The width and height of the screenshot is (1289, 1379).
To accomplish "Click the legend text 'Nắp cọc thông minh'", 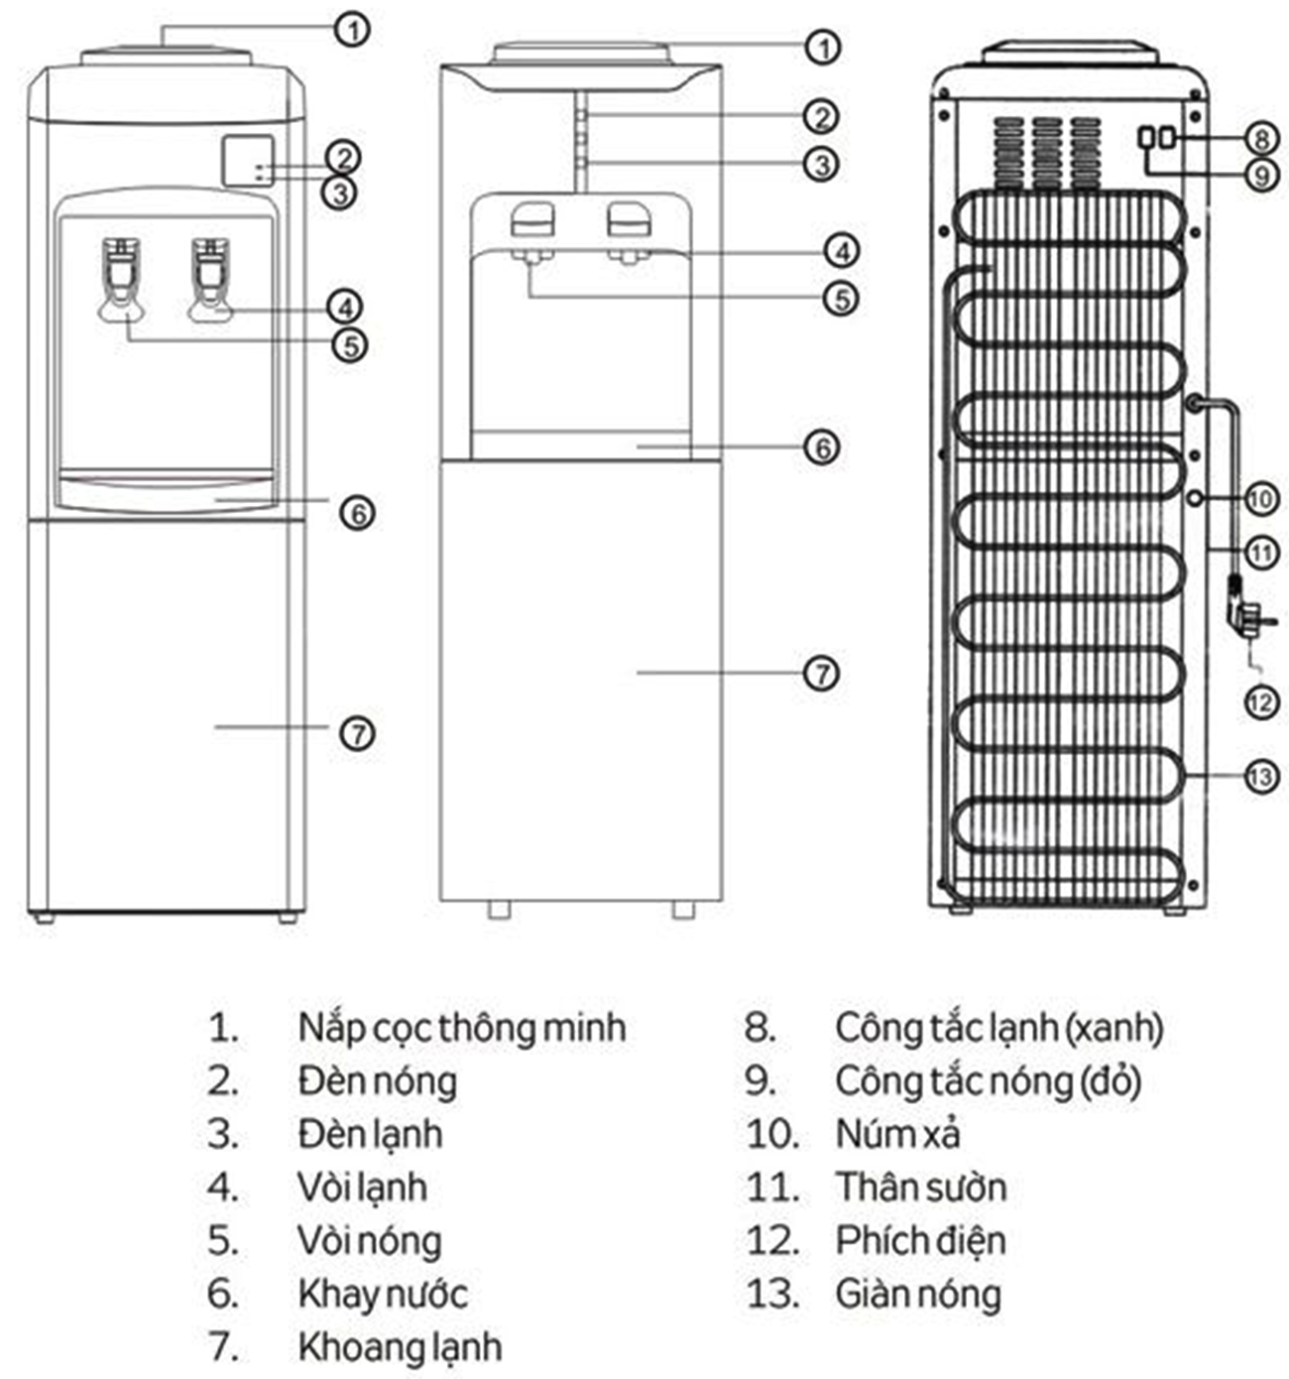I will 461,1028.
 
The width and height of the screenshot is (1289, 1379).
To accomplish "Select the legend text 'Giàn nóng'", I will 917,1294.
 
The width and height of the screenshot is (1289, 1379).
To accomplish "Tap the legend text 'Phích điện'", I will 920,1240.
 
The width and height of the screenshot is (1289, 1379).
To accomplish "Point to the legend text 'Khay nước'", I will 382,1294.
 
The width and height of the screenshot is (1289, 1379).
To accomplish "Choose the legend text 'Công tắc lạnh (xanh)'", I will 998,1028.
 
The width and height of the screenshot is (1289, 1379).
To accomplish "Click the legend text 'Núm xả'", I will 897,1134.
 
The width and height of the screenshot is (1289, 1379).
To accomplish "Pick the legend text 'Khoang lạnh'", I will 400,1347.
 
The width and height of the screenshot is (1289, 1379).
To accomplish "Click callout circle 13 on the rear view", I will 1260,776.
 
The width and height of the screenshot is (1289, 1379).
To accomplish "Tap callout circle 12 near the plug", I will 1260,702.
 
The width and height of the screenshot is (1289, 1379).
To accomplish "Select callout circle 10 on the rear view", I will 1260,498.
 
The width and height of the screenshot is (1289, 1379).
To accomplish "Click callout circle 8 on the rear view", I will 1260,138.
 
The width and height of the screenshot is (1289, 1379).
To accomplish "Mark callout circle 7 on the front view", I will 357,733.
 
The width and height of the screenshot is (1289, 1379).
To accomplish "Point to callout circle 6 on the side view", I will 822,447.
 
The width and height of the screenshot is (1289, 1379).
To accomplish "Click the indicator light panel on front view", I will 248,162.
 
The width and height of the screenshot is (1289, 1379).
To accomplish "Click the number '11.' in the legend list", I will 772,1188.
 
